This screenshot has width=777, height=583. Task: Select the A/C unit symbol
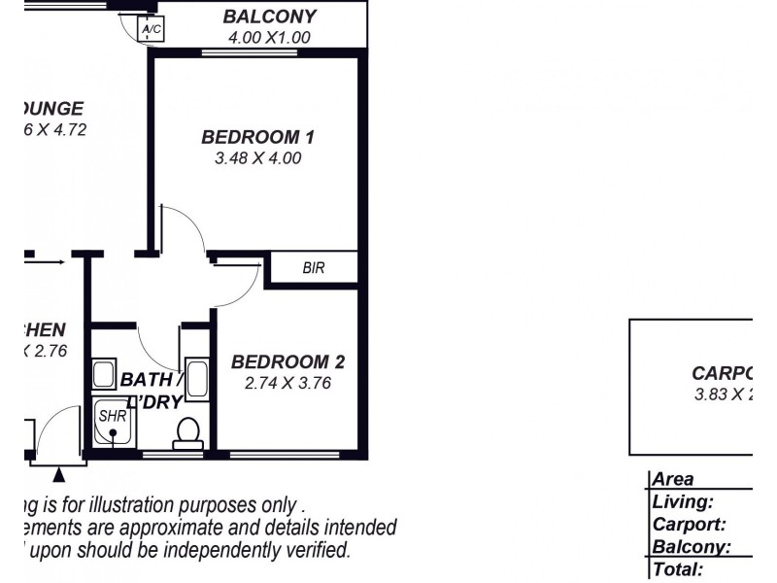click(152, 30)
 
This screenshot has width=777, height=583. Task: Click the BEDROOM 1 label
click(257, 136)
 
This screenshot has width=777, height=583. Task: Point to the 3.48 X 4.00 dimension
click(257, 156)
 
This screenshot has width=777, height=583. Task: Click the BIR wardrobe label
click(313, 268)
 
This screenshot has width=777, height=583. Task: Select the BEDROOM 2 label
click(287, 362)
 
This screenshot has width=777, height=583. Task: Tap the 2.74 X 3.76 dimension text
click(287, 383)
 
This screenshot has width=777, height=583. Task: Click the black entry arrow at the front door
click(59, 474)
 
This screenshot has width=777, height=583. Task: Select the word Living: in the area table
click(684, 502)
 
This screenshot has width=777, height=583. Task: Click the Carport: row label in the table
click(690, 525)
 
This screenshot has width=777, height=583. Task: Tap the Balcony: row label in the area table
click(692, 548)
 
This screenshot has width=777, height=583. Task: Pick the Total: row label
click(678, 570)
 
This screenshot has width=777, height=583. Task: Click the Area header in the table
click(673, 480)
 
